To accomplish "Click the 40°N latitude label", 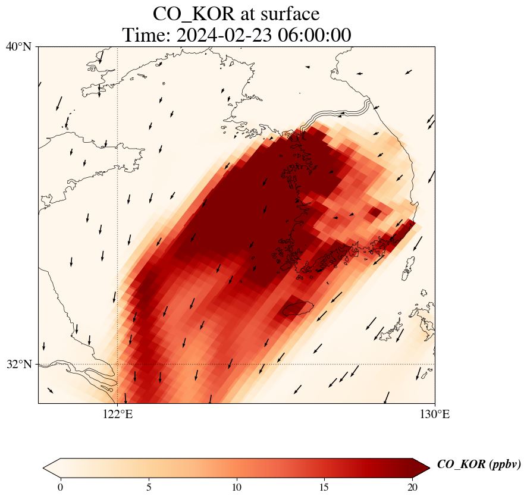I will click(x=22, y=46).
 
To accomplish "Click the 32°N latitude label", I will click(x=22, y=364).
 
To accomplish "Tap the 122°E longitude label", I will click(x=118, y=414).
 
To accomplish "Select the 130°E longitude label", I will click(x=435, y=414).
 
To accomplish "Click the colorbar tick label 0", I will click(x=60, y=487).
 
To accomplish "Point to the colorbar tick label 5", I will click(x=148, y=487).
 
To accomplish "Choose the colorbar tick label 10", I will click(x=237, y=487).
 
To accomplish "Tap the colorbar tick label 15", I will click(x=325, y=487).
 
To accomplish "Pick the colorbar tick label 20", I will click(x=413, y=487).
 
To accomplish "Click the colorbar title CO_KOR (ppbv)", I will click(x=479, y=465).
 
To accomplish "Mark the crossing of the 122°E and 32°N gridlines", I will click(x=118, y=364).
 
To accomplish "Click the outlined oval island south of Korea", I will click(x=298, y=309).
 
